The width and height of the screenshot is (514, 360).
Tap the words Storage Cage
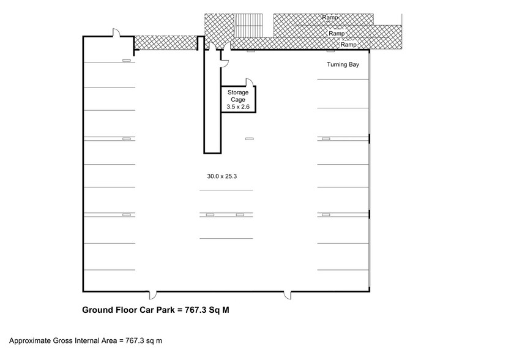click(x=238, y=96)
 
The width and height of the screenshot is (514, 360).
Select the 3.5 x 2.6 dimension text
click(x=238, y=107)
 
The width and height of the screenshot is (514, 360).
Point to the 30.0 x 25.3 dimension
click(x=222, y=176)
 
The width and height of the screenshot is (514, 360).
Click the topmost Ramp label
click(x=330, y=18)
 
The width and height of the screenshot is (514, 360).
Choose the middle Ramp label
click(x=336, y=33)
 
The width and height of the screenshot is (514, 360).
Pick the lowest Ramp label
click(x=348, y=45)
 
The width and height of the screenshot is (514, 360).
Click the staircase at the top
click(x=248, y=26)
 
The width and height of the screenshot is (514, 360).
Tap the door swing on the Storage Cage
click(x=250, y=82)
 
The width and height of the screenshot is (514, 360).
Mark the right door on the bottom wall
click(x=287, y=295)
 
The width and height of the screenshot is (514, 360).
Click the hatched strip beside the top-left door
click(x=165, y=42)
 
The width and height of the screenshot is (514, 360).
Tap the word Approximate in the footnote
click(x=29, y=340)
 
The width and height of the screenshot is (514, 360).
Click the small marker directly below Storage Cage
click(x=249, y=139)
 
